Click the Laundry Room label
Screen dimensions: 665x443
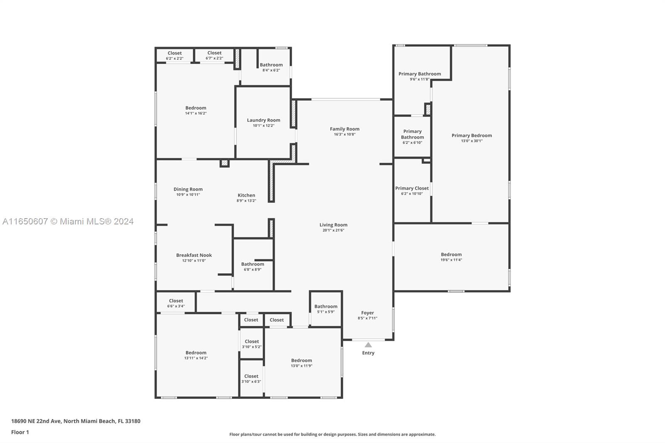pyautogui.click(x=264, y=120)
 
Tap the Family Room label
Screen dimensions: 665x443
pyautogui.click(x=345, y=129)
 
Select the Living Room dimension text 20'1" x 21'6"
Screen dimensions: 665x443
pyautogui.click(x=333, y=230)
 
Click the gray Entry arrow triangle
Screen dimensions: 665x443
pyautogui.click(x=368, y=345)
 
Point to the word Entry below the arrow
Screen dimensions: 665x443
pyautogui.click(x=368, y=353)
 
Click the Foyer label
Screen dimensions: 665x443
pyautogui.click(x=367, y=313)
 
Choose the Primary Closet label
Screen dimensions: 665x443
pyautogui.click(x=412, y=188)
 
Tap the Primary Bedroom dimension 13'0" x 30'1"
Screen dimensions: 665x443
pyautogui.click(x=472, y=141)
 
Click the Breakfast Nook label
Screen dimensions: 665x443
pyautogui.click(x=194, y=255)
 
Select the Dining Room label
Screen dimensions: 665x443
pyautogui.click(x=188, y=190)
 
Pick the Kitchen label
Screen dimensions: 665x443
pyautogui.click(x=246, y=195)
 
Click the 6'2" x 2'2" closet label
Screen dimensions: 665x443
pyautogui.click(x=175, y=59)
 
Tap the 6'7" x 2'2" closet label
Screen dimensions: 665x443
pyautogui.click(x=214, y=58)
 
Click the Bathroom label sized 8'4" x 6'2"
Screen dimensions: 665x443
pyautogui.click(x=271, y=65)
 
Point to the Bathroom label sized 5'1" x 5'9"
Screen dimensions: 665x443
pyautogui.click(x=326, y=306)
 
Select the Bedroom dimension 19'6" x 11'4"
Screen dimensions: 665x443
pyautogui.click(x=451, y=260)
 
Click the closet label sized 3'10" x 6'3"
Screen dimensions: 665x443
pyautogui.click(x=251, y=381)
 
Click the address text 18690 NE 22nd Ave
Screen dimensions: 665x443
pyautogui.click(x=36, y=421)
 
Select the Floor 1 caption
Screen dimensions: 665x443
pyautogui.click(x=20, y=432)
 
